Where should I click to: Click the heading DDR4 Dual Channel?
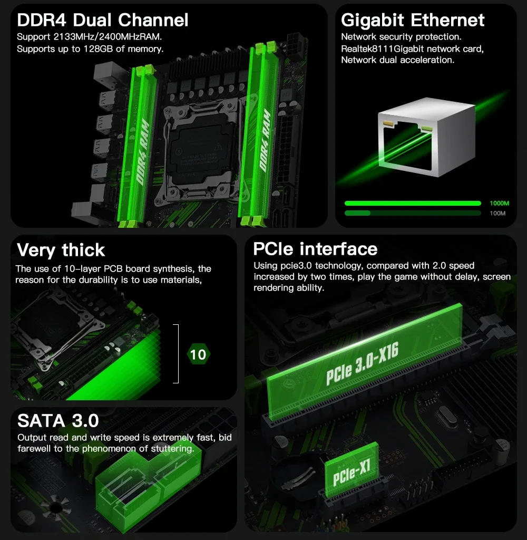point(102,20)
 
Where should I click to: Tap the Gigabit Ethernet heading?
point(413,20)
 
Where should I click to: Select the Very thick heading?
point(61,249)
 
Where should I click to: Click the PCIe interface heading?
point(315,248)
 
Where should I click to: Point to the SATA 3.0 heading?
point(58,420)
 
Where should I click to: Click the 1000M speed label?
point(499,203)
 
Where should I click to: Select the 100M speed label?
point(497,213)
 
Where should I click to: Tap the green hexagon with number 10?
point(198,354)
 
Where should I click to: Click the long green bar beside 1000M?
point(412,203)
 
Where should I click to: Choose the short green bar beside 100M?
point(357,213)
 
